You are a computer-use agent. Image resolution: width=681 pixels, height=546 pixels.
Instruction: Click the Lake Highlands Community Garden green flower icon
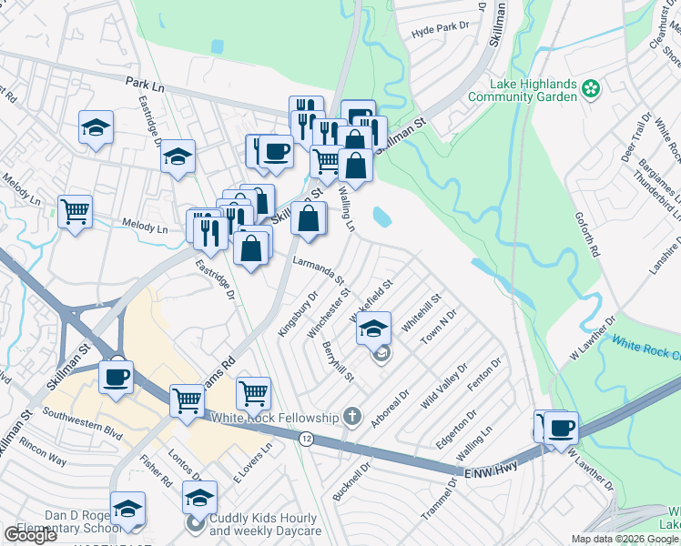pos(593,88)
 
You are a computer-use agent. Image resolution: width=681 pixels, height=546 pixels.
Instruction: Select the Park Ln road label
pos(145,83)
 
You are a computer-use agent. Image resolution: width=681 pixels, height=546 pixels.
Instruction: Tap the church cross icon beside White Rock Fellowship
pos(352,418)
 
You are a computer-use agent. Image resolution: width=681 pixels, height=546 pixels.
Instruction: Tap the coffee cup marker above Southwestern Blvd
pos(117,377)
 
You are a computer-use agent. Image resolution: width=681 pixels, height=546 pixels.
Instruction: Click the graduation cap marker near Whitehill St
pos(373,329)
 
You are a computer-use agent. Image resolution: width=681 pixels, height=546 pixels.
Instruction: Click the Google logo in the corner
pos(30,535)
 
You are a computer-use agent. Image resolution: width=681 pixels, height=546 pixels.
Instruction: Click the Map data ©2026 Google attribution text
pos(625,539)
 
